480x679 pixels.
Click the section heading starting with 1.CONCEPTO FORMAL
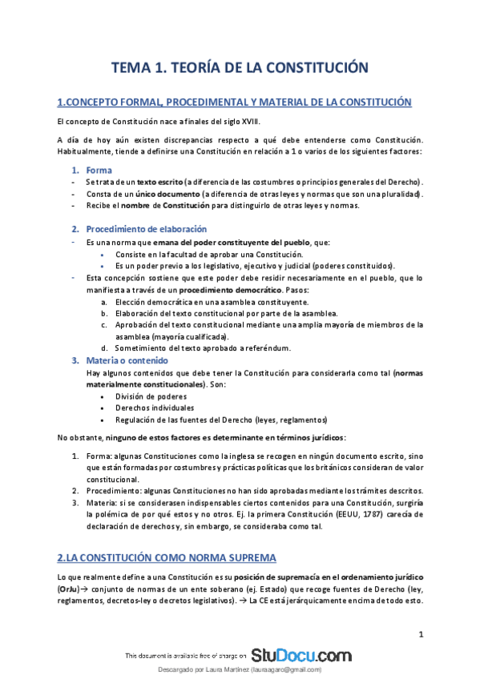click(235, 102)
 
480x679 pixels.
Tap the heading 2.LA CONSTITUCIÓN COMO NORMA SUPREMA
click(167, 556)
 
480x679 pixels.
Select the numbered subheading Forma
click(99, 171)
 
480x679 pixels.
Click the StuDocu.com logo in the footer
click(301, 655)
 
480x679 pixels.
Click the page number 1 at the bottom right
click(421, 635)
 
